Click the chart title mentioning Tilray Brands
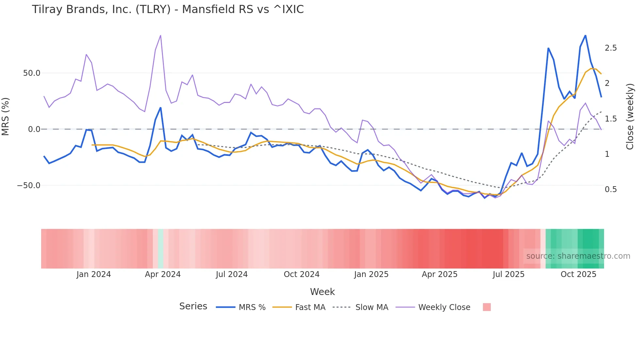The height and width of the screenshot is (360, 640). click(x=168, y=9)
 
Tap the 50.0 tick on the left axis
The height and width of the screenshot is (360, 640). click(x=32, y=73)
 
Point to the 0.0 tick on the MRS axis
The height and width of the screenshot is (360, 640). click(x=34, y=129)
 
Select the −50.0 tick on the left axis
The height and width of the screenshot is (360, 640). click(x=29, y=186)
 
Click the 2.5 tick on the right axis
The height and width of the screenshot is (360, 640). click(x=611, y=48)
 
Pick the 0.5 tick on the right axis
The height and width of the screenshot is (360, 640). click(x=611, y=189)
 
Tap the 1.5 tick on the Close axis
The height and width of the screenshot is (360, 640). click(x=611, y=119)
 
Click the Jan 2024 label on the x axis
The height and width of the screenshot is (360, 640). click(x=94, y=274)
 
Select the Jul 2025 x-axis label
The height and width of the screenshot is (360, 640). click(x=508, y=274)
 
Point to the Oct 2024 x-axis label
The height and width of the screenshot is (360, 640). click(x=301, y=274)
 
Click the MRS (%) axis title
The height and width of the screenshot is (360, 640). click(x=6, y=116)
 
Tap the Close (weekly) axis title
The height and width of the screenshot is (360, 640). click(x=630, y=116)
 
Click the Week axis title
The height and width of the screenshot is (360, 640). click(x=322, y=292)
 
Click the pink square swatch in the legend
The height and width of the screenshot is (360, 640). click(x=487, y=307)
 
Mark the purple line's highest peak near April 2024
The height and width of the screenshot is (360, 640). click(x=160, y=36)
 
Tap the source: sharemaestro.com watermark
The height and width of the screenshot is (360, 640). click(x=578, y=256)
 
